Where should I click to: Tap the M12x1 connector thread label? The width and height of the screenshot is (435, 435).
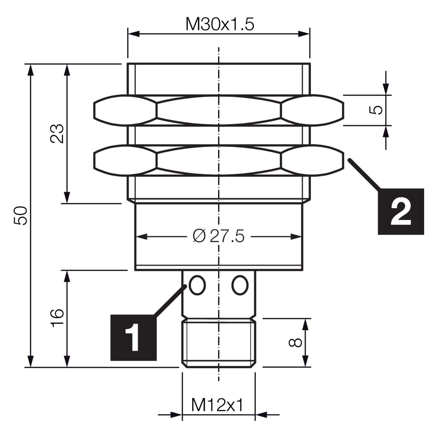tap(217, 405)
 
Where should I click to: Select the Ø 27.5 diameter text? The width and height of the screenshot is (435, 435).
tap(219, 237)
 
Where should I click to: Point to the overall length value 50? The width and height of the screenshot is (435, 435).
tap(20, 215)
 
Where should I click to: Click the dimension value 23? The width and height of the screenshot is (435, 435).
tap(57, 133)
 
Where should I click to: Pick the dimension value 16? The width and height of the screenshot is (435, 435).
tap(57, 318)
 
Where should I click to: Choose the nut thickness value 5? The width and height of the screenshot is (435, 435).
tap(376, 110)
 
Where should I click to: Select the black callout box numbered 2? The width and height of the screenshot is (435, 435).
tap(401, 211)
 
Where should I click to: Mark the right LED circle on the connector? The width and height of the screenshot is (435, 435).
tap(240, 285)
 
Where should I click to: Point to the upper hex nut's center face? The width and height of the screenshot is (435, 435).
tap(219, 110)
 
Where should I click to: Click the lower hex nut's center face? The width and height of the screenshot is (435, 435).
tap(219, 161)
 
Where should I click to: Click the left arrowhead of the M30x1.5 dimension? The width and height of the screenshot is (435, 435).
tap(133, 34)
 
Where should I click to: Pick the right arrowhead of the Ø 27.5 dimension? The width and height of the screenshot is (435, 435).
tap(296, 237)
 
